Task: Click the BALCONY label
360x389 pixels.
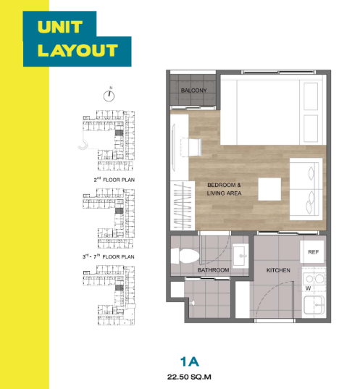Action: (194, 91)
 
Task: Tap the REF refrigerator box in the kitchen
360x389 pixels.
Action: (312, 252)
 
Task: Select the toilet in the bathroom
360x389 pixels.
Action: (185, 256)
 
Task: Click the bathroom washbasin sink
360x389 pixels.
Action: (240, 256)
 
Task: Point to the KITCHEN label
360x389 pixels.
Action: (278, 270)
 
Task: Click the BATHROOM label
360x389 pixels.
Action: (214, 270)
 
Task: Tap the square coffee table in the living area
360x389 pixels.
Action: (269, 189)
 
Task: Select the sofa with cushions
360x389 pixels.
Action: (306, 189)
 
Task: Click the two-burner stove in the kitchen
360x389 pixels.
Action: (314, 279)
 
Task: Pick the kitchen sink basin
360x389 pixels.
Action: (314, 306)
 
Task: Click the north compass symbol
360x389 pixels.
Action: (109, 96)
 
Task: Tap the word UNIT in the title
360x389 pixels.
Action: (60, 27)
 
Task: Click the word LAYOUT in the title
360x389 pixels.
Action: (78, 51)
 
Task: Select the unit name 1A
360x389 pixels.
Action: (190, 361)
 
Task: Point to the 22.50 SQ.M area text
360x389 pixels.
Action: (189, 377)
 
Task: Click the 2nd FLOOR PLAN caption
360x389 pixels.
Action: (114, 180)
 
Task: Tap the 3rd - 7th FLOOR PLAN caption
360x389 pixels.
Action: (109, 256)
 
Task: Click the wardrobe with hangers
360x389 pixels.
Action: (183, 206)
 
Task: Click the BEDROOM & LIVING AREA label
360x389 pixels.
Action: (224, 189)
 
